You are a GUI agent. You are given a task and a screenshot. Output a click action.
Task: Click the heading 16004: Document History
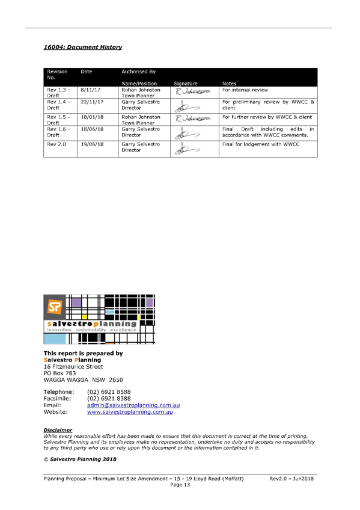click(83, 47)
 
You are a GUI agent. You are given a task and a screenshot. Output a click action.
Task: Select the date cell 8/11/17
click(91, 90)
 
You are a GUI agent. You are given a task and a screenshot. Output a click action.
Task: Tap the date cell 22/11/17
click(93, 102)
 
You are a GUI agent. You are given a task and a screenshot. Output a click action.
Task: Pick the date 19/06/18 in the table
click(93, 144)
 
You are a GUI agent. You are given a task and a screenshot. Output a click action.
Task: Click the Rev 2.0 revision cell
click(56, 144)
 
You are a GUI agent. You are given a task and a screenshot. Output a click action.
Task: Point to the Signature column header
click(186, 84)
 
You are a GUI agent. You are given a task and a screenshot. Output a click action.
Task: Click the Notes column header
click(229, 84)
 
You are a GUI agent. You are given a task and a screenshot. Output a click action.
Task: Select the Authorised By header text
click(139, 72)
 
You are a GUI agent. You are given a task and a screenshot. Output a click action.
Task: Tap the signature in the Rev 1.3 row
click(193, 92)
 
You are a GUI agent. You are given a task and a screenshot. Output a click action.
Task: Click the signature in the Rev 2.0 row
click(188, 149)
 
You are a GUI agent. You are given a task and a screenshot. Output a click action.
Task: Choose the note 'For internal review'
click(245, 90)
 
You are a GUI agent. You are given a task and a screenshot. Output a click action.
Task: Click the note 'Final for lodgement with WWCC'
click(261, 144)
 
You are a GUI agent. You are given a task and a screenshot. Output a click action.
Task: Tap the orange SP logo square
click(55, 306)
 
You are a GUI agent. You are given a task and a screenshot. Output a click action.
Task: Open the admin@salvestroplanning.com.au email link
click(133, 405)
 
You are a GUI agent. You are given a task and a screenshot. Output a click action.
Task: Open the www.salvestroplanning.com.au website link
click(130, 412)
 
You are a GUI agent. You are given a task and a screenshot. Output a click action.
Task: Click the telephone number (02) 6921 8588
click(109, 392)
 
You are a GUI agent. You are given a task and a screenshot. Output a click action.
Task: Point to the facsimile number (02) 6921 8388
click(109, 398)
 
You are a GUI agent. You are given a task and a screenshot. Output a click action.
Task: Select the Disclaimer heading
click(58, 430)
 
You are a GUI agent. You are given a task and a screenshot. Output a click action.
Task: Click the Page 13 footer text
click(180, 485)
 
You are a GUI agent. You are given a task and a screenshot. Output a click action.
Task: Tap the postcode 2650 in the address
click(116, 380)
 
